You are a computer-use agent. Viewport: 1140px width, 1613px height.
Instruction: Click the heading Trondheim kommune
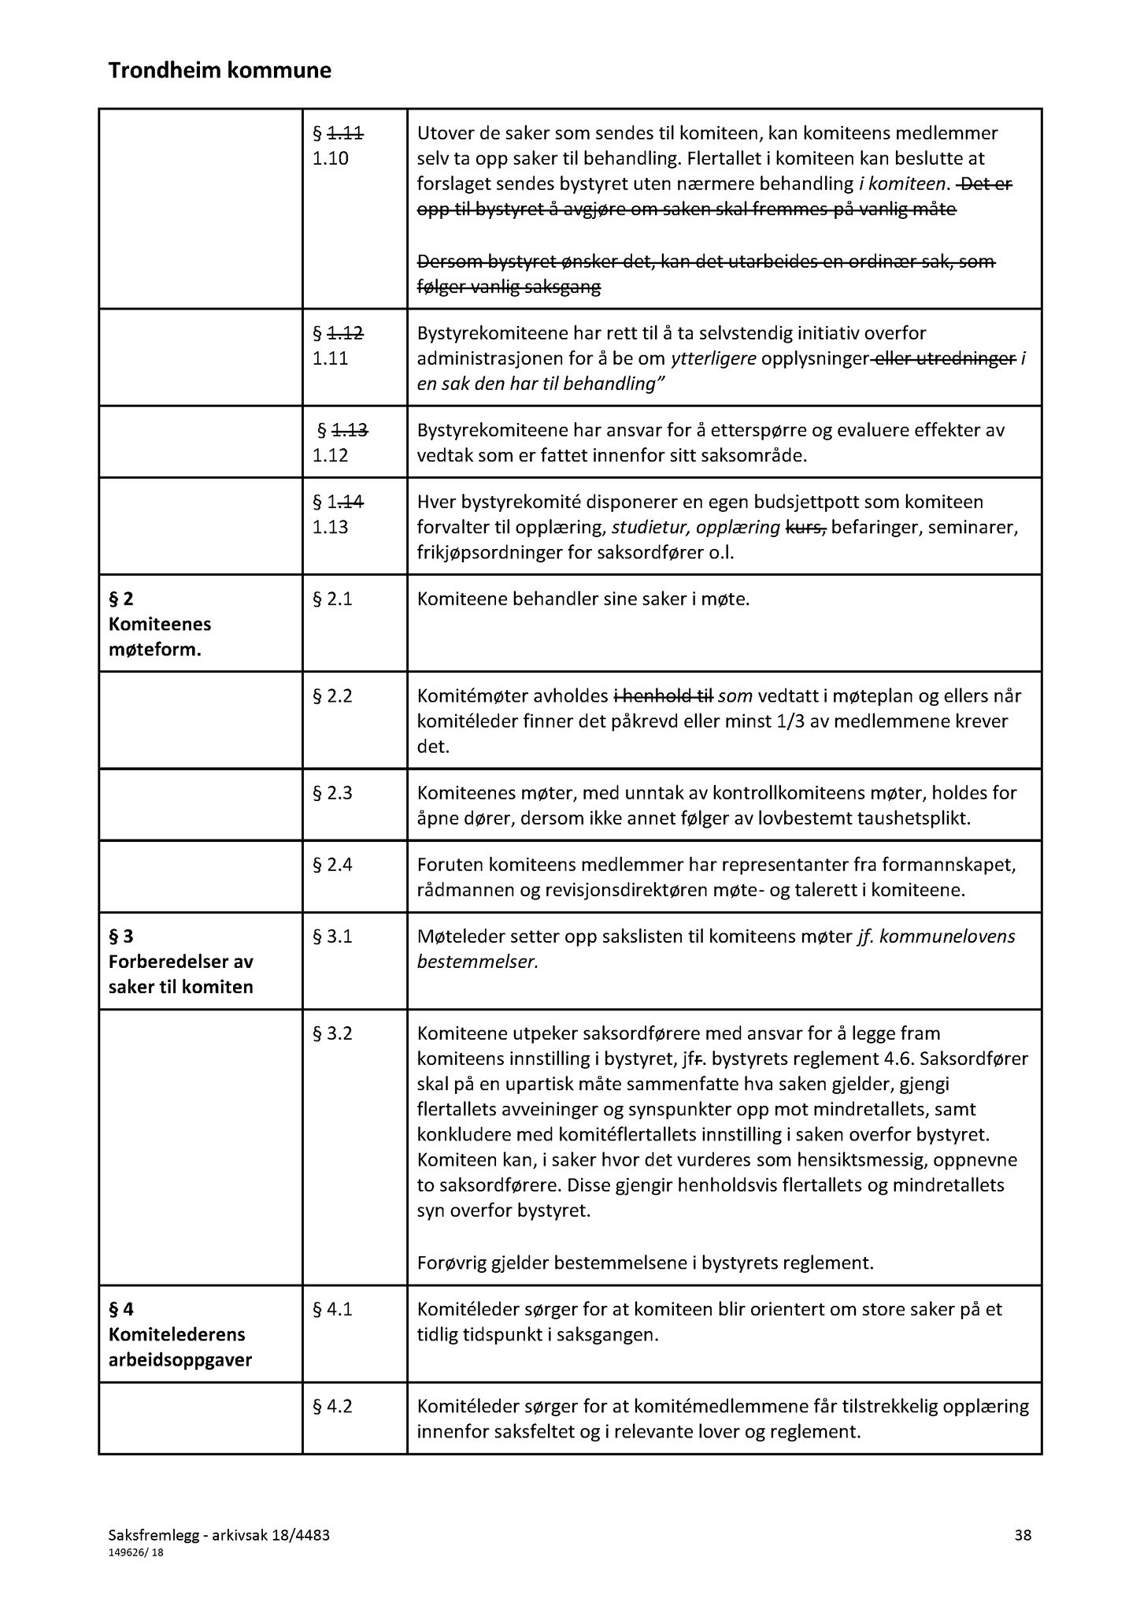click(220, 72)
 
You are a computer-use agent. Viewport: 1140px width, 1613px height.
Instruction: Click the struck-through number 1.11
click(345, 134)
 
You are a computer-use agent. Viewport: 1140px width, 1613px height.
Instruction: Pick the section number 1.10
click(330, 159)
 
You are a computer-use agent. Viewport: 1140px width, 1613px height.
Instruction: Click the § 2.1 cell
click(332, 599)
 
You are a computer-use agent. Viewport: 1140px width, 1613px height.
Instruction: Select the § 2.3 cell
click(332, 793)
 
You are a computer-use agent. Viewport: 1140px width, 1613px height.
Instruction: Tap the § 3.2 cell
click(332, 1033)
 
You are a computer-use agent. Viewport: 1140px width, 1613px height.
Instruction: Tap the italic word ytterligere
click(713, 359)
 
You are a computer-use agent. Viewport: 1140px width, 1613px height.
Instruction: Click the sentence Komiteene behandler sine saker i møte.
click(583, 599)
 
